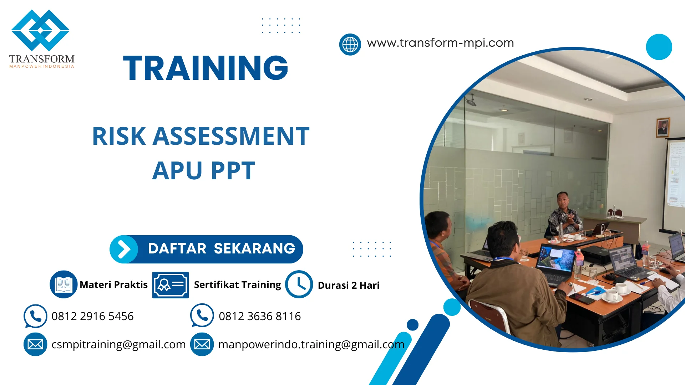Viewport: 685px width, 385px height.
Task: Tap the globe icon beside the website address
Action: coord(350,45)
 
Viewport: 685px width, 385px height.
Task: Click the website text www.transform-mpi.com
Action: coord(440,43)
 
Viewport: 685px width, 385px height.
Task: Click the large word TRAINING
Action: coord(205,68)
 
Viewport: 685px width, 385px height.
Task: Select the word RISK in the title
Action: coord(119,136)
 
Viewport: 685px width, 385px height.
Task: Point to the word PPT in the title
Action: coord(233,171)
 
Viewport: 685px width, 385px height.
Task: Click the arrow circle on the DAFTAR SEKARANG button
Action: coord(124,249)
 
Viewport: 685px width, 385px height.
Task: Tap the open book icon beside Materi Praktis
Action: coord(64,284)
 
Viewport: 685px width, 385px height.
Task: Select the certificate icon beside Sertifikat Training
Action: coord(170,285)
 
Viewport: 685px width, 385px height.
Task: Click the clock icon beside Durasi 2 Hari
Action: coord(299,284)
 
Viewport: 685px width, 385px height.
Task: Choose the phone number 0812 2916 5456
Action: coord(92,316)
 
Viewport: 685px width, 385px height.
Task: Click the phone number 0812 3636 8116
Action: coord(259,316)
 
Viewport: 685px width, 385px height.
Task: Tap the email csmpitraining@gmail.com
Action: coord(118,344)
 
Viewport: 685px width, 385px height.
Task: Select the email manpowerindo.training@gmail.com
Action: coord(311,344)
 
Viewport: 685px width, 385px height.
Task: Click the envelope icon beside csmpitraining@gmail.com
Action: coord(35,344)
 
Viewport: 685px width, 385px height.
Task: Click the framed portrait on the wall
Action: coord(663,128)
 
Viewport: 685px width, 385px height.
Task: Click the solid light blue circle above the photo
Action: coord(659,47)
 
